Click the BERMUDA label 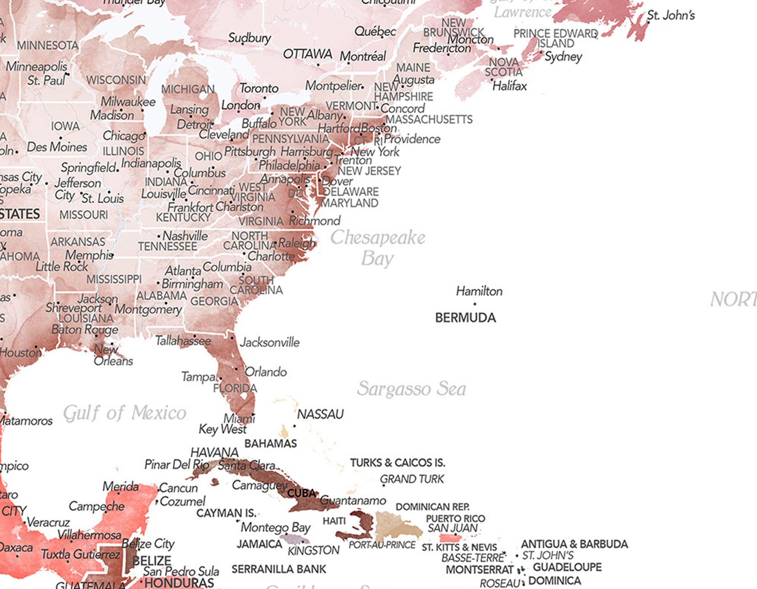[x=465, y=318]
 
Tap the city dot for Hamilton [x=475, y=304]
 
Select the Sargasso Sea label [x=411, y=389]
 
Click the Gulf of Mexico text [x=124, y=413]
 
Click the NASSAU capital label [x=320, y=414]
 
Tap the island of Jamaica [x=294, y=539]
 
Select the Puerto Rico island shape [x=450, y=538]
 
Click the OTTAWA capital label [x=307, y=54]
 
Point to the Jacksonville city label [x=270, y=342]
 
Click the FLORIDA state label [x=235, y=388]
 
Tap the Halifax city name [x=509, y=86]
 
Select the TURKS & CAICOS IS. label [x=397, y=463]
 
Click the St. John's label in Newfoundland [x=671, y=16]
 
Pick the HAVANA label [x=214, y=453]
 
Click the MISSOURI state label [x=83, y=215]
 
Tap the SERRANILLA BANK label [x=279, y=569]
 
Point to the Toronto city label [x=259, y=88]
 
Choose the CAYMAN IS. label [x=226, y=513]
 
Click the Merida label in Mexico [x=120, y=487]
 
